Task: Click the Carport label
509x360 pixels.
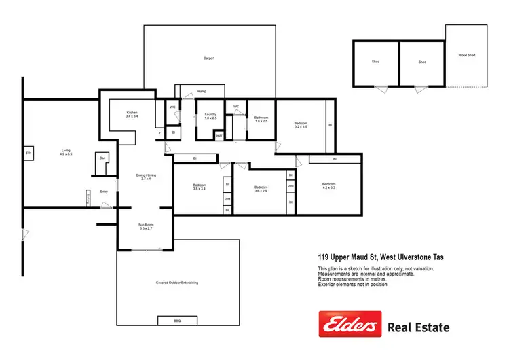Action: [x=209, y=58]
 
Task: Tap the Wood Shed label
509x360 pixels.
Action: [x=466, y=56]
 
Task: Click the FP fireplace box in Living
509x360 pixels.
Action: [x=28, y=154]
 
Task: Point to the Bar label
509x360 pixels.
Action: [x=102, y=158]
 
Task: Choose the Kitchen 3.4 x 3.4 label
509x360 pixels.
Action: [x=132, y=115]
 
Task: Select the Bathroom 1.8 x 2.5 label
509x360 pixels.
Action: [x=262, y=120]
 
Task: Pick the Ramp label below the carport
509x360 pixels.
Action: [x=202, y=91]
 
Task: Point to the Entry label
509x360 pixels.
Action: [x=104, y=192]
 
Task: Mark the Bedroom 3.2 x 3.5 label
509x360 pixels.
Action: [x=301, y=125]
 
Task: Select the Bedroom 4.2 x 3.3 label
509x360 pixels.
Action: [x=328, y=186]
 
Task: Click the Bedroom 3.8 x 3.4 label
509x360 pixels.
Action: [x=199, y=187]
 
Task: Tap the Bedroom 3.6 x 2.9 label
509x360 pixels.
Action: [x=261, y=189]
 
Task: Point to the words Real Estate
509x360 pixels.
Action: [x=418, y=328]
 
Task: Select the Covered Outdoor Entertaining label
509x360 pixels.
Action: [x=176, y=282]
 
